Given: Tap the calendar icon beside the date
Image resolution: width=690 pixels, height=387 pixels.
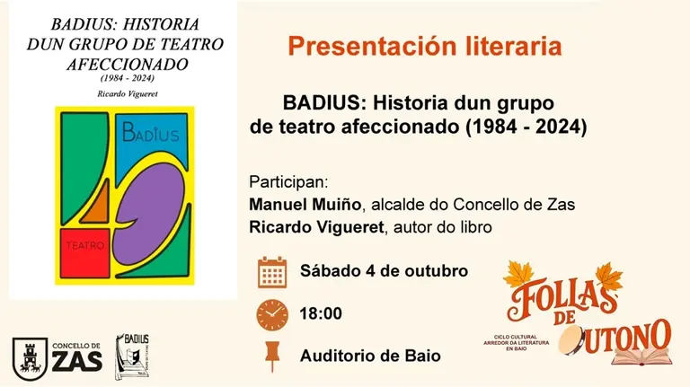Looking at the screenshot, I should click(x=271, y=271).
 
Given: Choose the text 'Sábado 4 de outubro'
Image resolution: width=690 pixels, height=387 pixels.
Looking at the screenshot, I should click(x=384, y=271).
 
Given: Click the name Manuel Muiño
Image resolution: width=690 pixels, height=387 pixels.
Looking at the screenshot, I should click(x=299, y=204).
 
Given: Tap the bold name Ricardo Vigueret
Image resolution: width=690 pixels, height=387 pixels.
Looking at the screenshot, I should click(x=314, y=227).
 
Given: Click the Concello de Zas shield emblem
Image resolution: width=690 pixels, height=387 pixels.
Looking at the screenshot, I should click(x=27, y=356).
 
